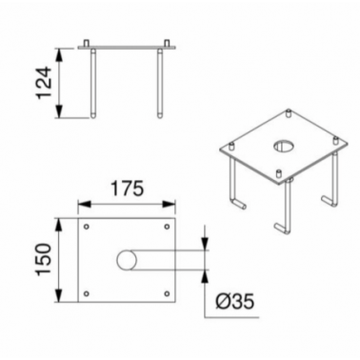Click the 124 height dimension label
(44, 83)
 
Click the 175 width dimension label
(127, 189)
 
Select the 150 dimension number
(44, 260)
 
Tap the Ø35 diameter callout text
(235, 301)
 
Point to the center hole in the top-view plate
(127, 260)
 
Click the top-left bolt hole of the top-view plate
(87, 227)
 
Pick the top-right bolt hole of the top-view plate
(167, 227)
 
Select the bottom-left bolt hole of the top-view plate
(87, 293)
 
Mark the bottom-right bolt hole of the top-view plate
(167, 293)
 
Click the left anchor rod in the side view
(93, 84)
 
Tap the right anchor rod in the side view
(160, 84)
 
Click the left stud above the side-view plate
(87, 43)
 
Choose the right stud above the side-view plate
(167, 43)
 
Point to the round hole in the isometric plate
(283, 146)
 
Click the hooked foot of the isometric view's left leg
(238, 204)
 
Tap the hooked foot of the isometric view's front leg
(283, 229)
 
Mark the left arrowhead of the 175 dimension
(85, 204)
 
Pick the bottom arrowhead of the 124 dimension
(59, 110)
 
